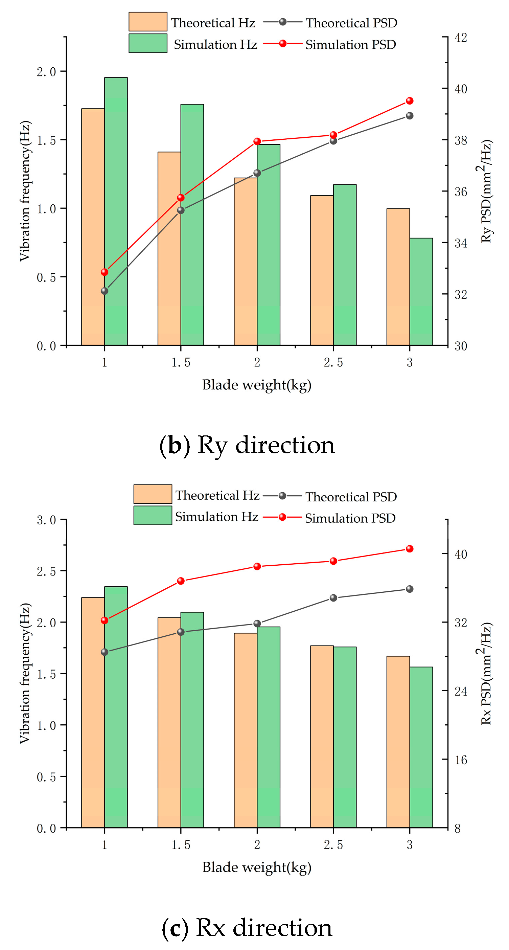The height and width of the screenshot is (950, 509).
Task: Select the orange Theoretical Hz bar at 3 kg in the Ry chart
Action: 398,277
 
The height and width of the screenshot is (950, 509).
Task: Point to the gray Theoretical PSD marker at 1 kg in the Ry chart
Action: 105,291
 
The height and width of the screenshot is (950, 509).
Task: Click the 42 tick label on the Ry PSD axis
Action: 460,38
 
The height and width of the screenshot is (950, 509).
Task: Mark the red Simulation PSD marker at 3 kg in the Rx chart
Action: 410,549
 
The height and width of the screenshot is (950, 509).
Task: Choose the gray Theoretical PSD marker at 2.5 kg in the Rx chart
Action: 333,598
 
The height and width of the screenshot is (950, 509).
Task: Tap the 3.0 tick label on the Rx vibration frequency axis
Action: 46,520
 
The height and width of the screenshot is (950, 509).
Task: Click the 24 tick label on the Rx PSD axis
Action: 460,691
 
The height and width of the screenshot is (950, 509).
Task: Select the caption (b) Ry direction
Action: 247,445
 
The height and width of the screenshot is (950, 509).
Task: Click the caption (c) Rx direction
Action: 247,928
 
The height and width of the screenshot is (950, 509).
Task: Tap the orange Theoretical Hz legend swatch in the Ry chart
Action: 148,22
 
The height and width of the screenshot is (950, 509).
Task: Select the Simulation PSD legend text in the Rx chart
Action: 350,518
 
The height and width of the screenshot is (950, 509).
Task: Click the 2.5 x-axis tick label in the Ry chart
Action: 333,363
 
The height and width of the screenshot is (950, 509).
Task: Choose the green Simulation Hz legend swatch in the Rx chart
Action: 153,515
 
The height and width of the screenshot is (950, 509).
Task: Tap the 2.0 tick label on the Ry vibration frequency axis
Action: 46,71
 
